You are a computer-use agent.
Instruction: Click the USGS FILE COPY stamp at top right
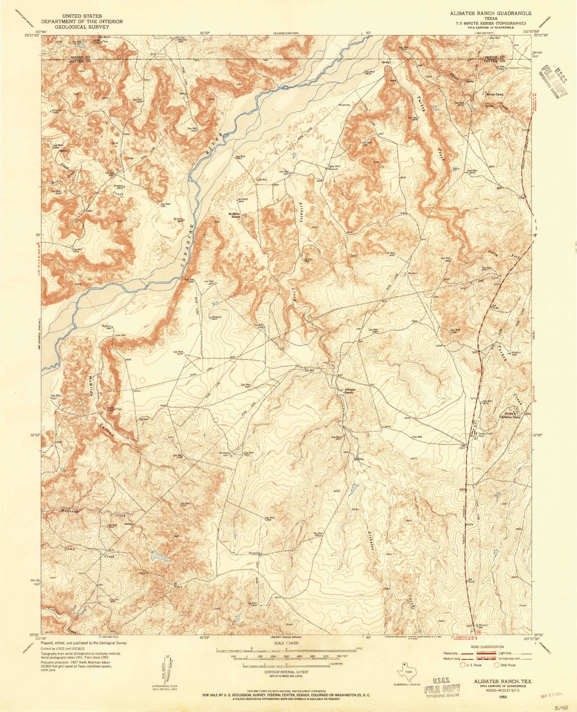(553, 82)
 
